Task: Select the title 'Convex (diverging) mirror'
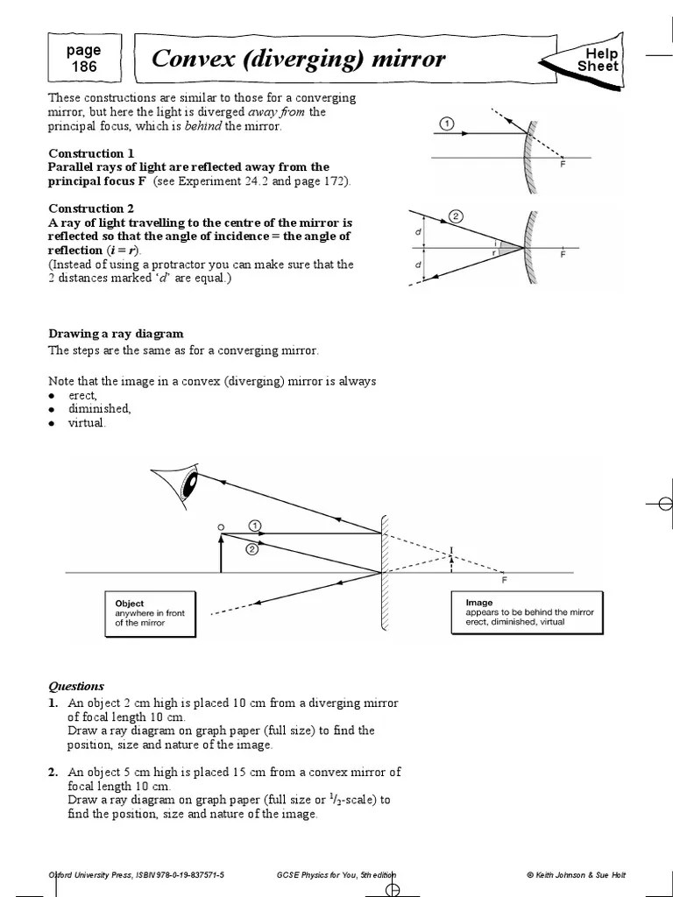tap(298, 60)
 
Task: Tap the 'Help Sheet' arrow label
tap(598, 60)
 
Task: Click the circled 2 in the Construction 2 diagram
tap(455, 215)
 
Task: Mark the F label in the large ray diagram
tap(503, 580)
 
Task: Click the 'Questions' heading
tap(76, 686)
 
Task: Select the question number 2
tap(53, 772)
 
